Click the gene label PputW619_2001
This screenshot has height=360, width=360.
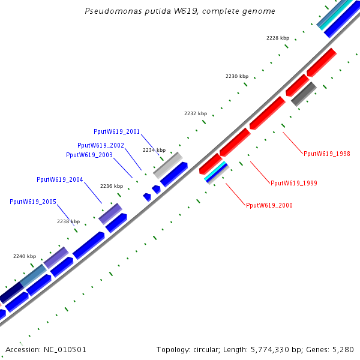pos(117,131)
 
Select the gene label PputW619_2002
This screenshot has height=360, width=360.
pos(101,145)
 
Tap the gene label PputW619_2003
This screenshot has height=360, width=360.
pos(89,155)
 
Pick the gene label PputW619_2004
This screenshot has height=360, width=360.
pos(60,179)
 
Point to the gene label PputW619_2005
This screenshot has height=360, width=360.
pos(33,202)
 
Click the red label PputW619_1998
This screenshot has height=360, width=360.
pos(327,154)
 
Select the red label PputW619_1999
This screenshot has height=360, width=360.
pos(294,183)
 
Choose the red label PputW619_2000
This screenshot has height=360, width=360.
pos(269,205)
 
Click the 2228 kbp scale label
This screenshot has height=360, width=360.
pos(278,38)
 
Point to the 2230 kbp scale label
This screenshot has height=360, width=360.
pos(236,76)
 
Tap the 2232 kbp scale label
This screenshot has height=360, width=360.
pos(195,113)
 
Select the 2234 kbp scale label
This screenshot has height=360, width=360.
pos(154,150)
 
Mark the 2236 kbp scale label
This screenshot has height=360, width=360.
pos(111,186)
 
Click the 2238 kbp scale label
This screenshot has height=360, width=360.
pos(68,221)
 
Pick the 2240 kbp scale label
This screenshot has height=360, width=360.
pos(25,256)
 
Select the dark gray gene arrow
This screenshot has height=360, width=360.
pos(304,94)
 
